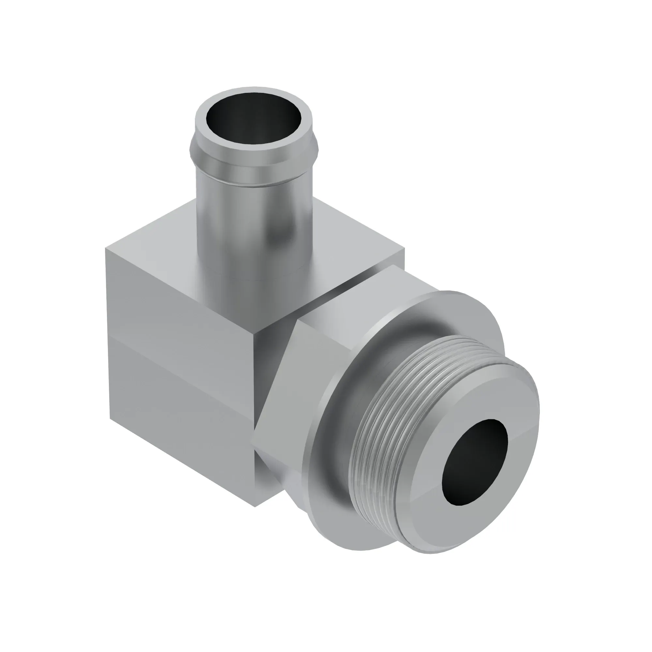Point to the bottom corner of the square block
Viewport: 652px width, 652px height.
(x=255, y=506)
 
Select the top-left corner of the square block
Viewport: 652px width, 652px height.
(x=107, y=249)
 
